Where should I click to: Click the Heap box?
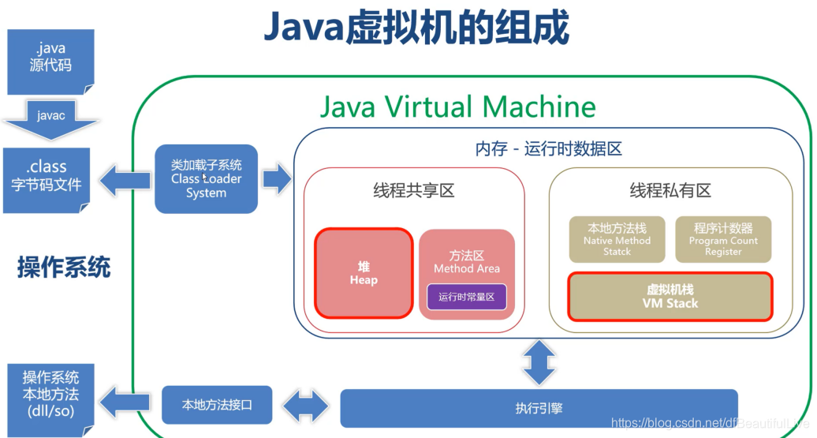(x=364, y=273)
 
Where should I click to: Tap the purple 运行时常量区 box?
(x=466, y=297)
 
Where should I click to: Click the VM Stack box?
(x=670, y=296)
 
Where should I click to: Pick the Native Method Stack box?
(x=617, y=239)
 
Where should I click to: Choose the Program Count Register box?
(x=723, y=239)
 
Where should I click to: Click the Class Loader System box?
(x=206, y=179)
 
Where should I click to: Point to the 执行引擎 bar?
(x=539, y=408)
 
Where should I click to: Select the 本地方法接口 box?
(x=216, y=405)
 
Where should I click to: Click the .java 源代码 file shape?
(x=50, y=60)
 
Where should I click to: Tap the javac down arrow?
(x=50, y=118)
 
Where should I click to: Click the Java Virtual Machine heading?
(x=457, y=107)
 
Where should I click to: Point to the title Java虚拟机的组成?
(x=416, y=29)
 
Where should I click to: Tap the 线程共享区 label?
(x=414, y=190)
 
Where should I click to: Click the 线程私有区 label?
(x=670, y=190)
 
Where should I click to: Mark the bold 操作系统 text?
(x=64, y=268)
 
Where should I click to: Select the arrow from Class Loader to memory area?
(x=276, y=179)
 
